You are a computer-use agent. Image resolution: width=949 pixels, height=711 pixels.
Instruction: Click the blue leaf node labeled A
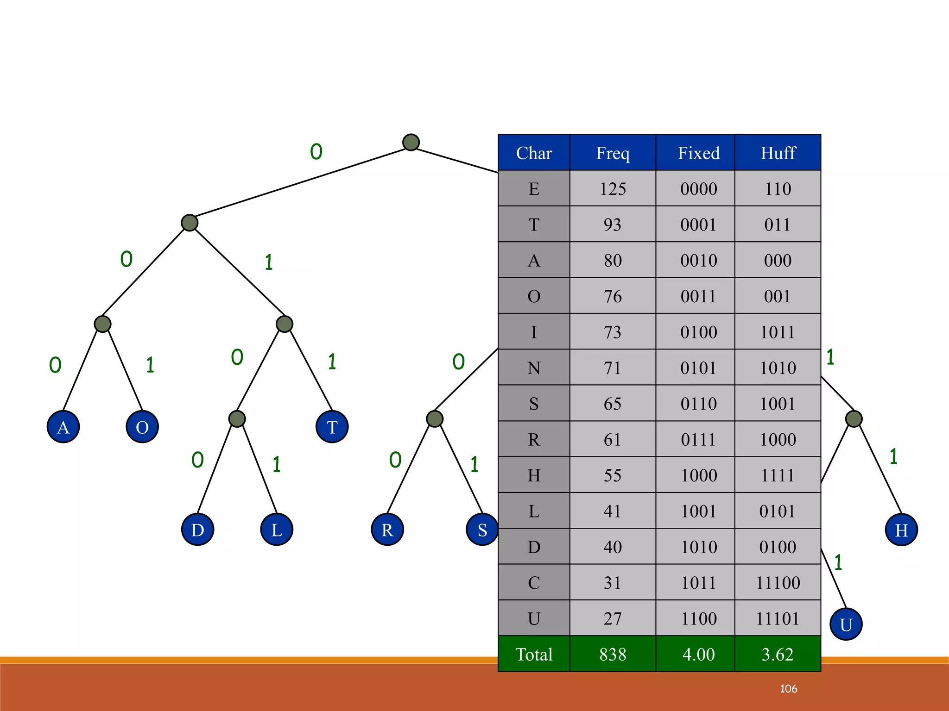click(x=63, y=427)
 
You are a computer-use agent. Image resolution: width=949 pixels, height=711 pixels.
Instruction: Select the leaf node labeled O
click(x=142, y=427)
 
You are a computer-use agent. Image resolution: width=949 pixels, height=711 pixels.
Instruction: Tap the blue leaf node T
click(x=332, y=427)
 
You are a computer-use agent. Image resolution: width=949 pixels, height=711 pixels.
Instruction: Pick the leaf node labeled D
click(x=197, y=530)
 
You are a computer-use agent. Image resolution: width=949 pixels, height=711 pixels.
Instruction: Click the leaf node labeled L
click(x=277, y=530)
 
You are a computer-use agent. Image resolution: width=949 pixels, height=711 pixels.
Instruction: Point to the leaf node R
click(x=387, y=530)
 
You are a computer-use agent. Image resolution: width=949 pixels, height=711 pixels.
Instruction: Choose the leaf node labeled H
click(x=901, y=530)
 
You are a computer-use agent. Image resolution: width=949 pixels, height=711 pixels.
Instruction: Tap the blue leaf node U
click(x=846, y=624)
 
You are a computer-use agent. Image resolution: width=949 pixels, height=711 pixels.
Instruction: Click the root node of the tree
click(x=411, y=142)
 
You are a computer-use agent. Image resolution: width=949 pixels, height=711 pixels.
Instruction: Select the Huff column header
click(x=778, y=153)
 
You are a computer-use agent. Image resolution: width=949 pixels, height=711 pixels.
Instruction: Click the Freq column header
click(x=613, y=153)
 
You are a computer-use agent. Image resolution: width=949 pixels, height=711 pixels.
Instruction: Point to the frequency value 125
click(x=613, y=189)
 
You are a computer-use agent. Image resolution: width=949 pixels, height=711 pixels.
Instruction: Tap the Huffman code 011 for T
click(x=778, y=225)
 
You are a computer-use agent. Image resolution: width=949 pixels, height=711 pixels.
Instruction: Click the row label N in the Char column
click(x=534, y=368)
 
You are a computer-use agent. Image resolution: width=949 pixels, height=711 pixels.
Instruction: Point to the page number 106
click(x=789, y=689)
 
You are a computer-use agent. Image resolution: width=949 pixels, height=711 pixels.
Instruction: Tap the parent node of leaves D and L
click(x=237, y=419)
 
